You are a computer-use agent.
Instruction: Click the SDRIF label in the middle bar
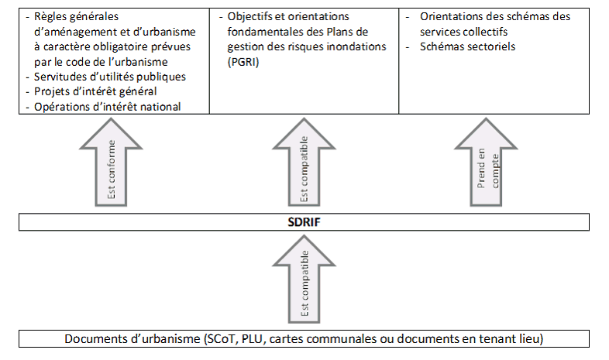(304, 223)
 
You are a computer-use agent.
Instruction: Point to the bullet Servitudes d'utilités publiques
(110, 77)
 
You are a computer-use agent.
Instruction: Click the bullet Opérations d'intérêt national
(108, 106)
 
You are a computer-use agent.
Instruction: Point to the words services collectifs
(463, 32)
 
